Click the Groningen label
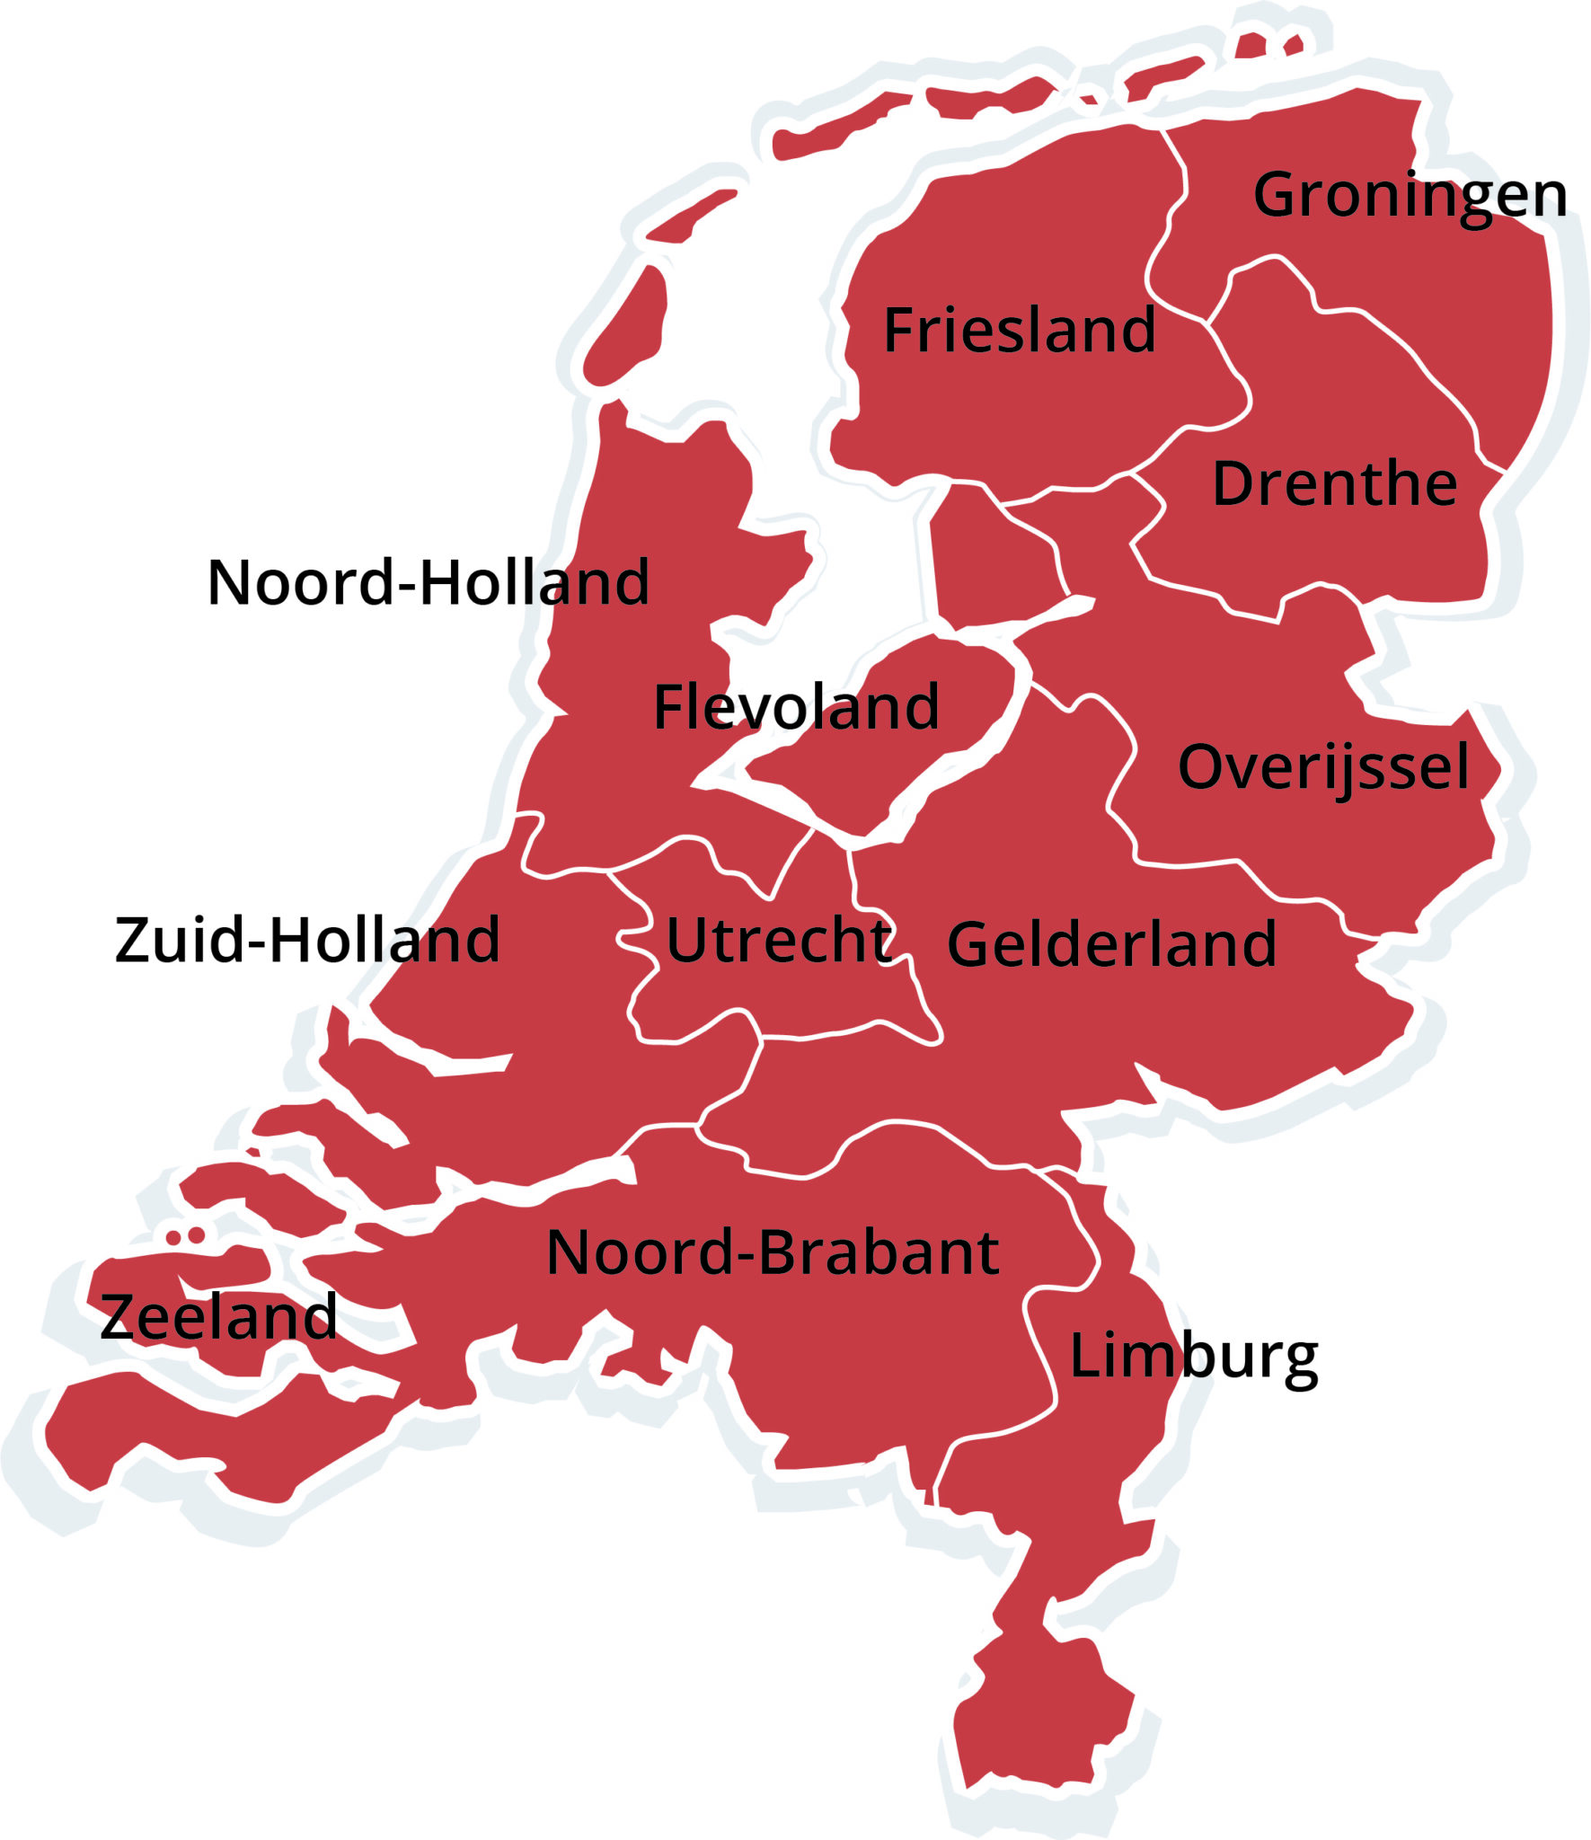[x=1409, y=195]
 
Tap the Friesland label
[x=1019, y=330]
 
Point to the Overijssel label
[x=1323, y=767]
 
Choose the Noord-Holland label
[x=428, y=582]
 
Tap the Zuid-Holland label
[x=307, y=940]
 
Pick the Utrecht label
[x=779, y=941]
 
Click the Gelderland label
[x=1111, y=943]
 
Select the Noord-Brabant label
[x=772, y=1252]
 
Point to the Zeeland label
[x=218, y=1317]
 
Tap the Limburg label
[x=1193, y=1357]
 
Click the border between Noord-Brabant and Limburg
[x=1042, y=1348]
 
